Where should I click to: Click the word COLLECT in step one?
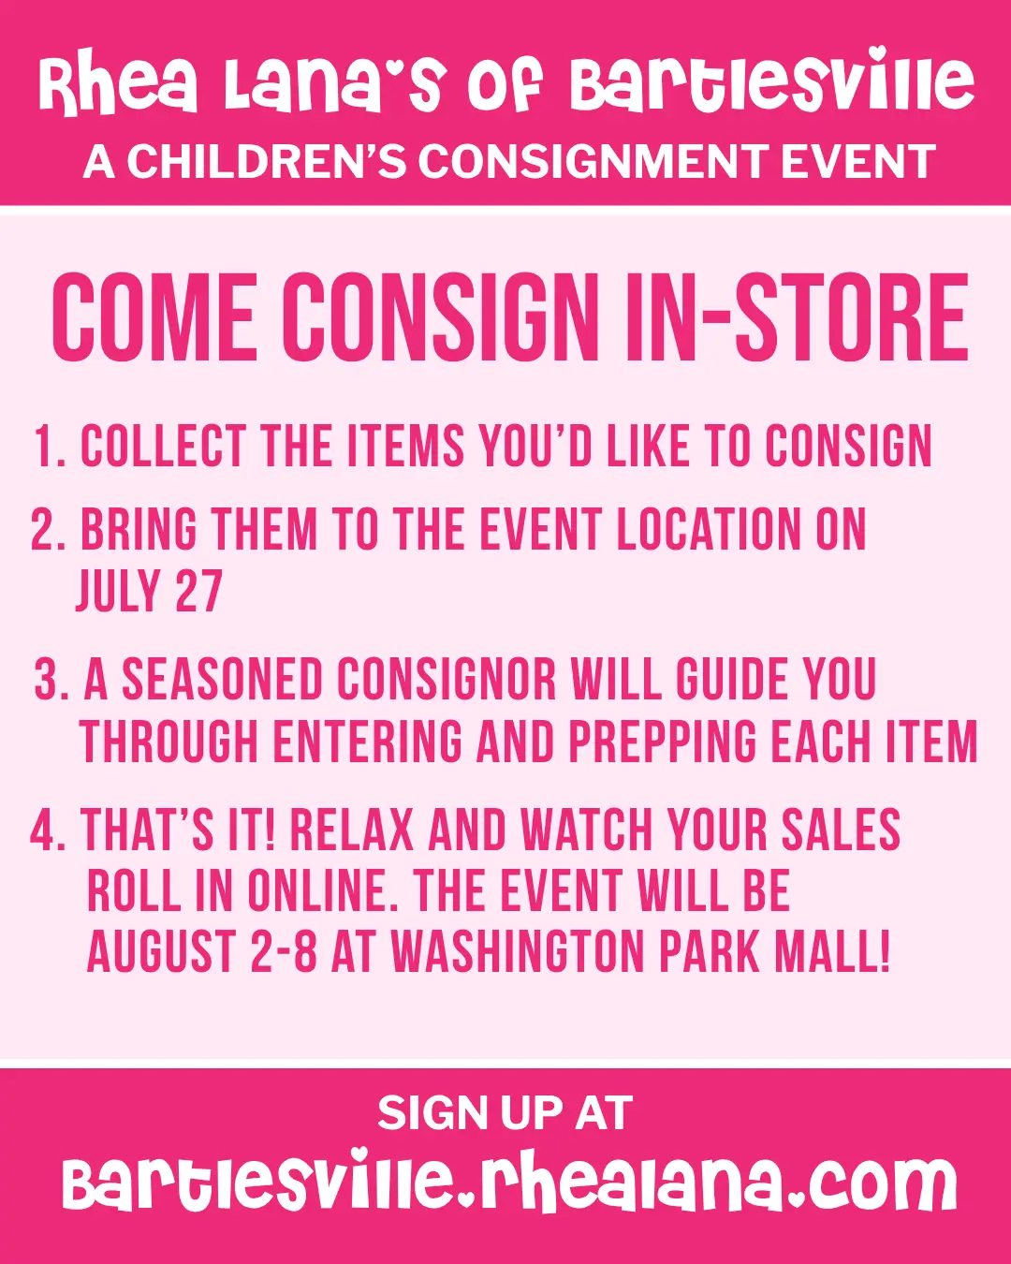coord(163,447)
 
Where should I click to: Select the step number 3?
coord(51,680)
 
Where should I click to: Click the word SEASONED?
coord(223,680)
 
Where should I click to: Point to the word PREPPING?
coord(663,742)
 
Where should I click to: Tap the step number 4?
coord(47,830)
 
